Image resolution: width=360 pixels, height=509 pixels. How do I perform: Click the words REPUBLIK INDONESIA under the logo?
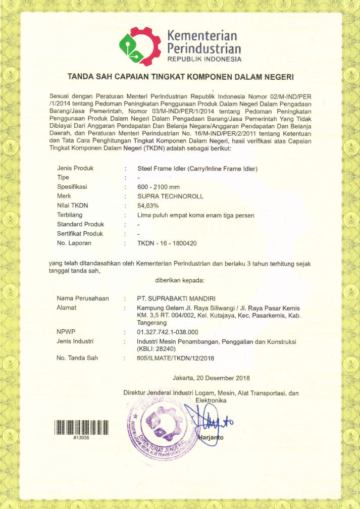204,59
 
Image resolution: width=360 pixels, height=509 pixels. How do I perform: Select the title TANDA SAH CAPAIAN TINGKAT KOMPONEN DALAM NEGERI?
180,77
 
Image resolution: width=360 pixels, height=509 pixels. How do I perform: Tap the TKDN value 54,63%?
148,206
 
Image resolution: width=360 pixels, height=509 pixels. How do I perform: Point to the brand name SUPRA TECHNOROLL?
170,196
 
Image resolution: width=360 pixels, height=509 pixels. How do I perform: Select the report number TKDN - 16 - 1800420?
167,243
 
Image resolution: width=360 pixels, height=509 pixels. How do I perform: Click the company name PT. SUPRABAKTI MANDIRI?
176,298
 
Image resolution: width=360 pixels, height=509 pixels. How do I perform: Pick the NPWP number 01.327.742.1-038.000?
168,332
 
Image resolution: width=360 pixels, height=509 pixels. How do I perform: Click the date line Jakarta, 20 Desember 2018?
211,378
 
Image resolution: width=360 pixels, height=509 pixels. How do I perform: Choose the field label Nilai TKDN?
72,206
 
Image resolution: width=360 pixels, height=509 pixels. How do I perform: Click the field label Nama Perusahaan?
83,298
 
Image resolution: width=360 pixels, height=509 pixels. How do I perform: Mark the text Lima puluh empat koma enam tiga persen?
196,215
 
